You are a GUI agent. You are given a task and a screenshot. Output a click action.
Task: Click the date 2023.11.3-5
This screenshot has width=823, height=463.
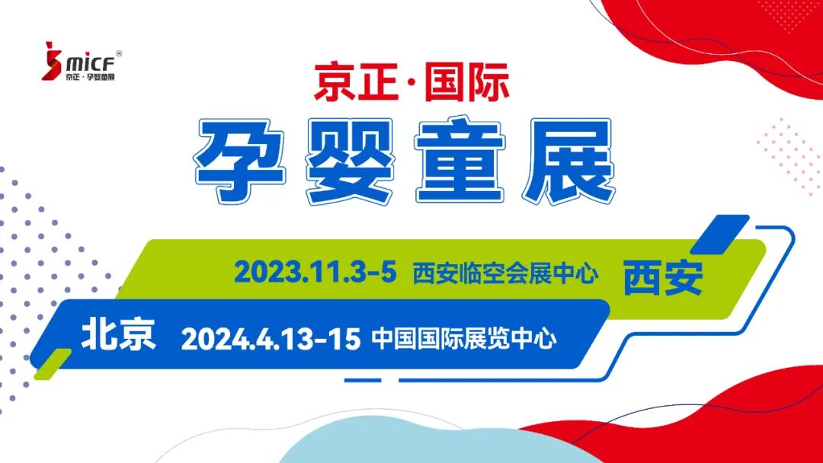point(315,272)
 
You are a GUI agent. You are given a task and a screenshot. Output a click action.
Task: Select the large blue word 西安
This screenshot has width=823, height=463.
point(663,277)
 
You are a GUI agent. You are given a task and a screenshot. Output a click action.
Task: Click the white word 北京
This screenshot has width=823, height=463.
point(118,335)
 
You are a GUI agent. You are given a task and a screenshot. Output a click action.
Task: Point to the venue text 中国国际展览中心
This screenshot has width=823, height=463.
point(464,338)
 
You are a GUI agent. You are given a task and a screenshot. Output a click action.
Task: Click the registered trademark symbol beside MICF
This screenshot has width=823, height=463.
point(119,53)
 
